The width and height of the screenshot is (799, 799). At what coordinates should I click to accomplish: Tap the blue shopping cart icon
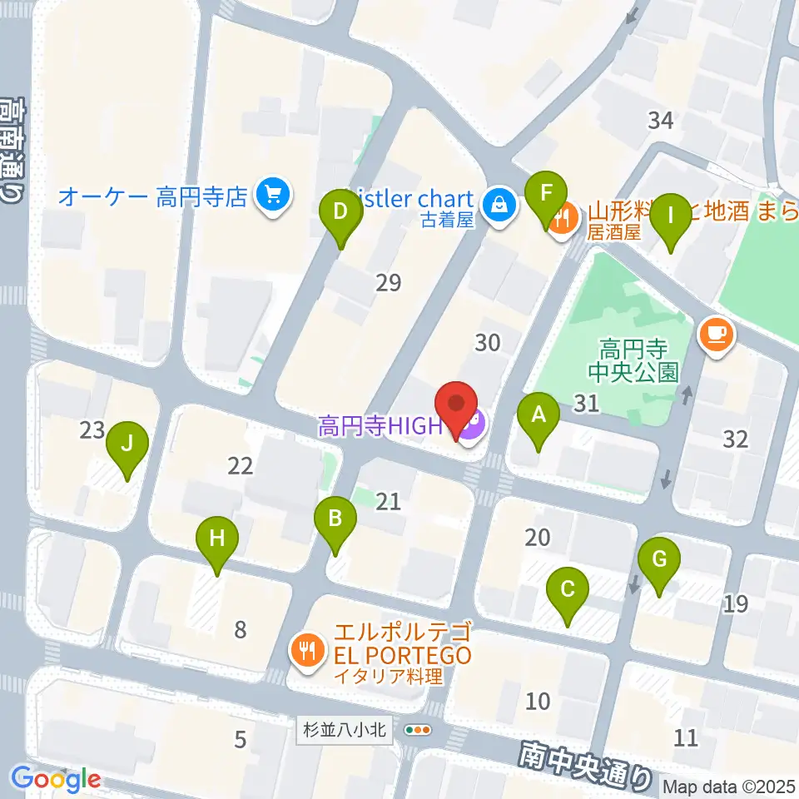(x=272, y=197)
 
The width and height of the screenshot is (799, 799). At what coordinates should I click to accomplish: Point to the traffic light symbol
(x=417, y=730)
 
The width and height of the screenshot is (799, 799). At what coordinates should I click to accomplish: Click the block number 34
(x=660, y=121)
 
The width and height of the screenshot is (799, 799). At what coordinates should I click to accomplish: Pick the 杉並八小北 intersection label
(x=343, y=730)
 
